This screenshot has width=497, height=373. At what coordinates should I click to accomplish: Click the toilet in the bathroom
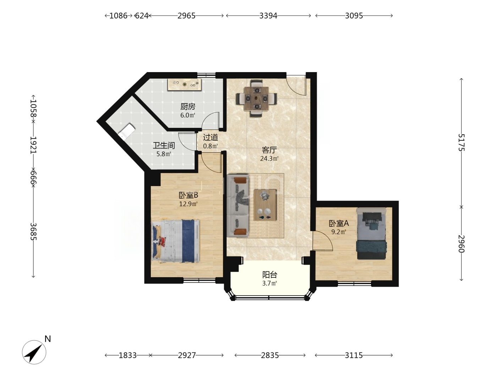tap(127, 131)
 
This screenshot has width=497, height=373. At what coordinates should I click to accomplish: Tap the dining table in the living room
tap(256, 99)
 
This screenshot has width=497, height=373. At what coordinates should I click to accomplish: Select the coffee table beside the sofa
tap(265, 205)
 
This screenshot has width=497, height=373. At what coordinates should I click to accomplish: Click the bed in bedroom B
tap(176, 241)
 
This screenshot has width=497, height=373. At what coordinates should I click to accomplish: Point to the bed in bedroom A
tap(371, 233)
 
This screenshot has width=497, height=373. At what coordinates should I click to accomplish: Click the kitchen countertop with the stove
tap(185, 85)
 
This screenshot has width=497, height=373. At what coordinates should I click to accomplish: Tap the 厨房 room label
tap(188, 107)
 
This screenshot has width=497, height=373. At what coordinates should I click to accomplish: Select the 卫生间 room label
tap(164, 145)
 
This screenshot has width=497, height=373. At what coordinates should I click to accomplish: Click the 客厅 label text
tap(269, 150)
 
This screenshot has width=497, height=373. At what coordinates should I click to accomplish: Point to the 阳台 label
tap(270, 275)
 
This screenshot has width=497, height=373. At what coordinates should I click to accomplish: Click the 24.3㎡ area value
tap(269, 158)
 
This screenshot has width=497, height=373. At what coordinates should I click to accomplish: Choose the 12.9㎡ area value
tap(189, 204)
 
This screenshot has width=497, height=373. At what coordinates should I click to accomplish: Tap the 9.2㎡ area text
tap(339, 232)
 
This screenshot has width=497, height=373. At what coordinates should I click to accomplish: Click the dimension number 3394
tap(268, 16)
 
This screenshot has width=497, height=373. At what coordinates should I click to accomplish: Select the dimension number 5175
tap(461, 142)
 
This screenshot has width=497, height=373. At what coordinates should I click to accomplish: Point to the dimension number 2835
tap(270, 355)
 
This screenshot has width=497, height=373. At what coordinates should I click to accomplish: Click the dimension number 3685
tap(33, 232)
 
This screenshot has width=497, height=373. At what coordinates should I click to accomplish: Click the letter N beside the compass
tap(48, 339)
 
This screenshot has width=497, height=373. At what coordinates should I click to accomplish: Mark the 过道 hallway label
tap(211, 137)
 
